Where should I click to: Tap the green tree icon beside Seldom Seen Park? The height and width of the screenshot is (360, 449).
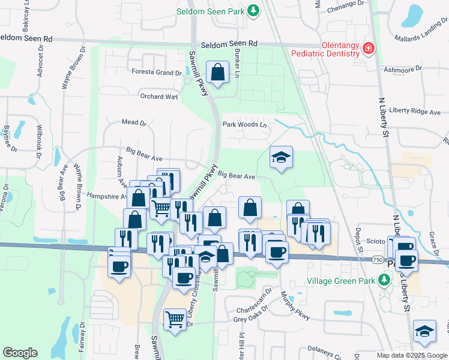pyautogui.click(x=254, y=10)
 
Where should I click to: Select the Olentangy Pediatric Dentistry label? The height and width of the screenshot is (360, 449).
pyautogui.click(x=324, y=49)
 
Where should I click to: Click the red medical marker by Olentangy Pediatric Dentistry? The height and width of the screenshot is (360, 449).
pyautogui.click(x=369, y=49)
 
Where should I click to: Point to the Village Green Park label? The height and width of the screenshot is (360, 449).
pyautogui.click(x=340, y=281)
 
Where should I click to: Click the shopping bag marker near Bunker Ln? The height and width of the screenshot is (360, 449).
pyautogui.click(x=217, y=73)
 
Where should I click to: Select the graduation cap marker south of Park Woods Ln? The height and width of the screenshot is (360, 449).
pyautogui.click(x=281, y=157)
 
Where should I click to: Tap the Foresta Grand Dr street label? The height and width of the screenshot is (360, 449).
pyautogui.click(x=157, y=73)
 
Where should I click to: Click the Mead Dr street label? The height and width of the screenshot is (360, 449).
pyautogui.click(x=134, y=122)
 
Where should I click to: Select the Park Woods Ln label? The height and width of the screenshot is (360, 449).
pyautogui.click(x=244, y=125)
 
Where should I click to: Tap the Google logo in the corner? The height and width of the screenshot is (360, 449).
pyautogui.click(x=20, y=353)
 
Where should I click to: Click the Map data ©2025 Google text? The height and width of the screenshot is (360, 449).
pyautogui.click(x=411, y=355)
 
